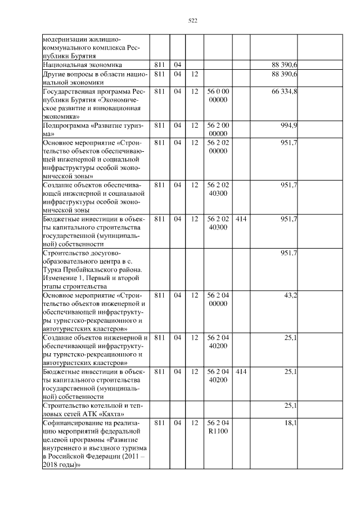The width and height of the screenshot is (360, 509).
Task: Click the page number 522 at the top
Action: pyautogui.click(x=192, y=21)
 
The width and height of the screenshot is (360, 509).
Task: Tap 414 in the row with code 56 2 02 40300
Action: pyautogui.click(x=241, y=217)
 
